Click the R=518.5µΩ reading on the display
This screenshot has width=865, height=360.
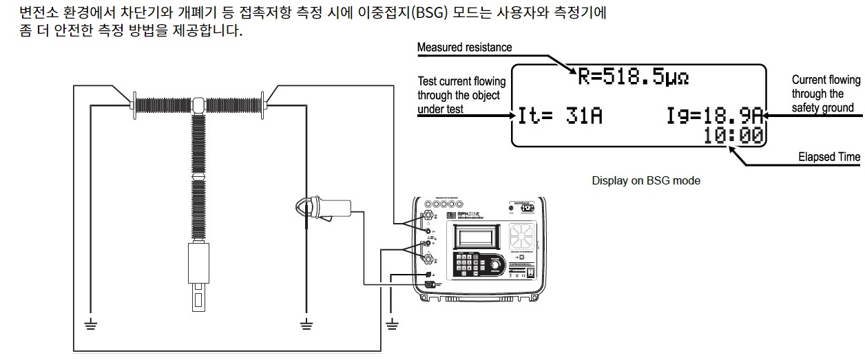coord(632,77)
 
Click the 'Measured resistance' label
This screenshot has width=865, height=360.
coord(465,47)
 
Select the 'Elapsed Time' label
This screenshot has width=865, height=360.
coord(828,157)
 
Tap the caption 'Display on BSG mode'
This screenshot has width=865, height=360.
coord(646,181)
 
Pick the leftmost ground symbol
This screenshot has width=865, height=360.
coord(90,324)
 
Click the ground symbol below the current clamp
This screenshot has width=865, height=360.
coord(306,324)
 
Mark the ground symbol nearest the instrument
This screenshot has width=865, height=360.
coord(392,324)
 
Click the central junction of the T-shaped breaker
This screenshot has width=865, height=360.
coord(198,104)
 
